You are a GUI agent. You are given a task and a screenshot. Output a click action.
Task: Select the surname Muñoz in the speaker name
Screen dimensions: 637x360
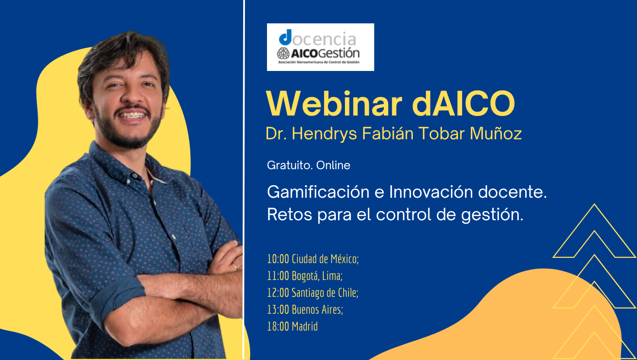495,133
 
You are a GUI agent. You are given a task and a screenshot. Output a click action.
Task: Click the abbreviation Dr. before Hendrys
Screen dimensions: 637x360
276,133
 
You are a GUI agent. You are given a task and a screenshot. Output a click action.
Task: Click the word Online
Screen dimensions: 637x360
333,165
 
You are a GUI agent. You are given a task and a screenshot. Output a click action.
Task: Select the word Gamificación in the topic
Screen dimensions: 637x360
318,192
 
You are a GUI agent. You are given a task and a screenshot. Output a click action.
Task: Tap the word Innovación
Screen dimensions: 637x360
431,192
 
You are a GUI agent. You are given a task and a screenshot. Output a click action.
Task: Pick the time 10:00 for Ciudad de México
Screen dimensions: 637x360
278,259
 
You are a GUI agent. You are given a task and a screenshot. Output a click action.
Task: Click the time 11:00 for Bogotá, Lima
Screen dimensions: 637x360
278,276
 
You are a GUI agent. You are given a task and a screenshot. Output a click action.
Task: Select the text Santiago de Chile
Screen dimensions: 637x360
325,293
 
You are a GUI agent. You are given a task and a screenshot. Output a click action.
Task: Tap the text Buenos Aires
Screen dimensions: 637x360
317,310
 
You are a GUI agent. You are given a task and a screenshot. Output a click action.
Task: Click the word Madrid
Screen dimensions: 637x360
305,326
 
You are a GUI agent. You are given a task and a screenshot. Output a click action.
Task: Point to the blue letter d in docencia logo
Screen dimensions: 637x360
286,37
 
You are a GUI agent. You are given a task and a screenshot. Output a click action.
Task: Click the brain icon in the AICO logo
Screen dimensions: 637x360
283,53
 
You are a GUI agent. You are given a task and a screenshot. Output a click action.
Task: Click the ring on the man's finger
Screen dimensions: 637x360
235,266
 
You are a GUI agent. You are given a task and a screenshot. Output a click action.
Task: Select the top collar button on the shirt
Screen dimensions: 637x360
135,176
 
